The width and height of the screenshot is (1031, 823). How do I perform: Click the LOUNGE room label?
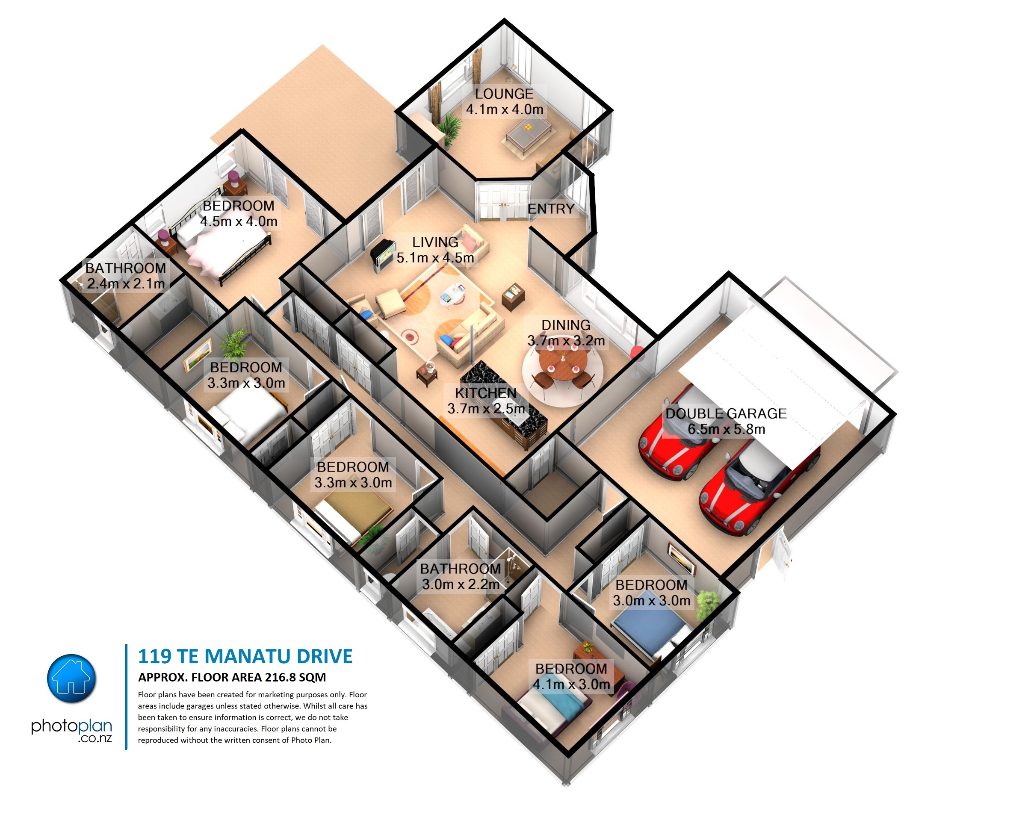click(504, 94)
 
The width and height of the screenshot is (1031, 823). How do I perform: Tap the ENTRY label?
click(551, 209)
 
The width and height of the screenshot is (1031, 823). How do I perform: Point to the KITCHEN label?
click(485, 393)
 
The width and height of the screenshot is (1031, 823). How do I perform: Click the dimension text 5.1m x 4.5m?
click(435, 258)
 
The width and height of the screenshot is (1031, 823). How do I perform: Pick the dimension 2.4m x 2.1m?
click(126, 284)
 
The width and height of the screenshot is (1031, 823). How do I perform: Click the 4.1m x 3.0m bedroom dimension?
click(571, 685)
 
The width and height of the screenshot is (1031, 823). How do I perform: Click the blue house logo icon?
click(72, 678)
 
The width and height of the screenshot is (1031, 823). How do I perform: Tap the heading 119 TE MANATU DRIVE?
click(245, 657)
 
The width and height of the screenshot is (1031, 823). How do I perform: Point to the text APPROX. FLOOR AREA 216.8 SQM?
click(232, 678)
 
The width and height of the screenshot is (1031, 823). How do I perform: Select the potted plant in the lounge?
click(449, 127)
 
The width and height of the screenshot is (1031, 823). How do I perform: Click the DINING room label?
click(566, 325)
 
